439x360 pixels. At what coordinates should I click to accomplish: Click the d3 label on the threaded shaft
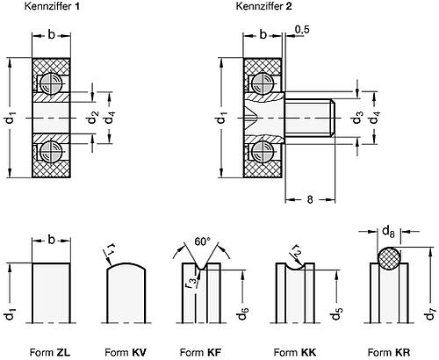357,114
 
